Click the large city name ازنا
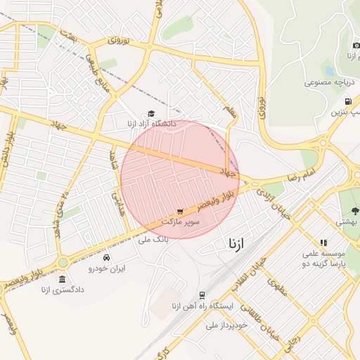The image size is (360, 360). click(237, 244)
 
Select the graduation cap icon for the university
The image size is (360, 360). click(150, 113)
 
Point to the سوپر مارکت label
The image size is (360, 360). click(181, 221)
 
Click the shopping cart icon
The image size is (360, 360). click(181, 211)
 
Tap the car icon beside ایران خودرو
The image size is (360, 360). click(106, 257)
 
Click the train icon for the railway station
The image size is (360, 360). click(202, 295)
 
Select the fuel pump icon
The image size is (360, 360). click(348, 101)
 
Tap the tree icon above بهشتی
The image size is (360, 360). click(355, 210)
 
